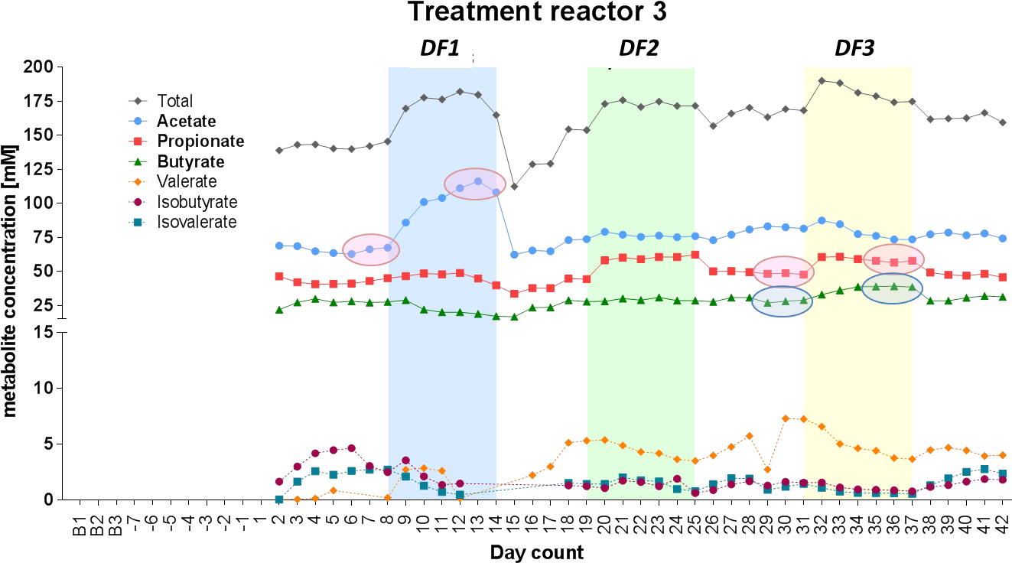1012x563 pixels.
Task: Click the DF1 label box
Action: click(440, 47)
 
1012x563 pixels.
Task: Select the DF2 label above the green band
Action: click(639, 47)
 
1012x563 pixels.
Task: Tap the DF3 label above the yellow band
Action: click(854, 47)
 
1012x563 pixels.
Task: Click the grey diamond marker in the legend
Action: click(139, 100)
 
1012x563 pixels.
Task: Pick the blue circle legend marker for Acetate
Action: click(139, 121)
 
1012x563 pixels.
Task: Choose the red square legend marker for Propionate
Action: click(139, 141)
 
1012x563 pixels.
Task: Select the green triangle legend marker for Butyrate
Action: click(139, 161)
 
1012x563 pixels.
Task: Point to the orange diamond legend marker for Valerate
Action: click(139, 182)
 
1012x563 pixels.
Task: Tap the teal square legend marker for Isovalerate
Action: click(139, 222)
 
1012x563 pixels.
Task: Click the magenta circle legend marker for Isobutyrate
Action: click(139, 202)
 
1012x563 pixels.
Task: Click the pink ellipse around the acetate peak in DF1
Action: click(475, 184)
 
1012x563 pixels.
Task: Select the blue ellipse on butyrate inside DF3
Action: click(892, 288)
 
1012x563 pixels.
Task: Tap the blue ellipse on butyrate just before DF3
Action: click(782, 301)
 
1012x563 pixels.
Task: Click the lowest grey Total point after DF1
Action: click(515, 187)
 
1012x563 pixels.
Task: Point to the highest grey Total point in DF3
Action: click(822, 80)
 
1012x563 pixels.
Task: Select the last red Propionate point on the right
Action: click(1003, 277)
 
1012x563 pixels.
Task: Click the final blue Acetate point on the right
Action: click(1003, 238)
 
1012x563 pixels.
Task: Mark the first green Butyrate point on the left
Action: click(279, 309)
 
